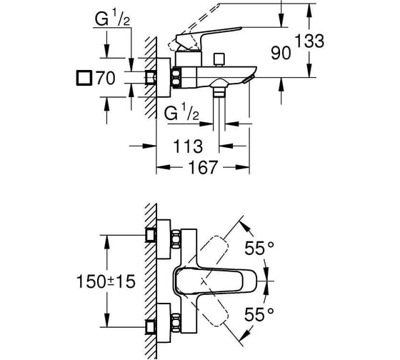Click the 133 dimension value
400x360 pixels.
(x=309, y=41)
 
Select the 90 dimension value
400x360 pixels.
(x=281, y=54)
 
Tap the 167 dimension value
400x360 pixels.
(x=203, y=167)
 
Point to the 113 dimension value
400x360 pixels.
(x=188, y=146)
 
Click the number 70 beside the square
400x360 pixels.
(x=106, y=78)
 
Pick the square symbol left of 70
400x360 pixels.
(x=84, y=78)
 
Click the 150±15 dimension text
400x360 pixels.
(x=106, y=281)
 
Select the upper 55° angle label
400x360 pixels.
(x=259, y=249)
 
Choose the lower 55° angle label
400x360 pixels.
(x=259, y=314)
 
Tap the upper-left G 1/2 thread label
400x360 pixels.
(x=112, y=19)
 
